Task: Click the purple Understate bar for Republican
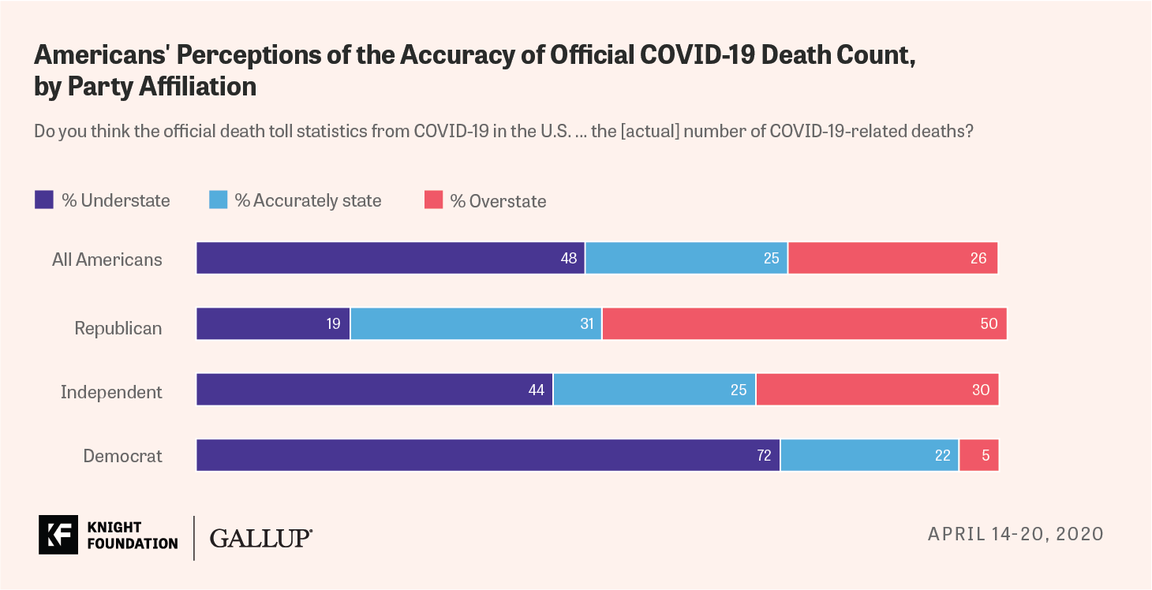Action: tap(273, 323)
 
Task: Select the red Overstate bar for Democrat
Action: tap(979, 455)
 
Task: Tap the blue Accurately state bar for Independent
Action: tap(654, 390)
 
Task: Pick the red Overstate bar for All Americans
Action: tap(893, 258)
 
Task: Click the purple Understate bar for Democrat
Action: tap(488, 455)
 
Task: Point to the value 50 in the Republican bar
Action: tap(989, 323)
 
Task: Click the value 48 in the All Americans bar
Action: tap(569, 258)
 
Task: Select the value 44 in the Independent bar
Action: tap(537, 390)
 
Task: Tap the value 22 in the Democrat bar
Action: tap(942, 455)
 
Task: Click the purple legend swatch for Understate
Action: tap(43, 200)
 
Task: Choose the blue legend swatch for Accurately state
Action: tap(218, 200)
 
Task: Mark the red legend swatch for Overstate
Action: tap(433, 200)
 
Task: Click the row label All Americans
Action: tap(107, 260)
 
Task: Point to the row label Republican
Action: tap(118, 328)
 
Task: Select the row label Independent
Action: tap(111, 392)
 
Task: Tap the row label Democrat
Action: tap(123, 456)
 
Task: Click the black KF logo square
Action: tap(58, 535)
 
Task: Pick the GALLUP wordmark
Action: tap(260, 538)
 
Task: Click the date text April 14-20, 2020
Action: tap(1015, 534)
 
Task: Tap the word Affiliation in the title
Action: tap(198, 86)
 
